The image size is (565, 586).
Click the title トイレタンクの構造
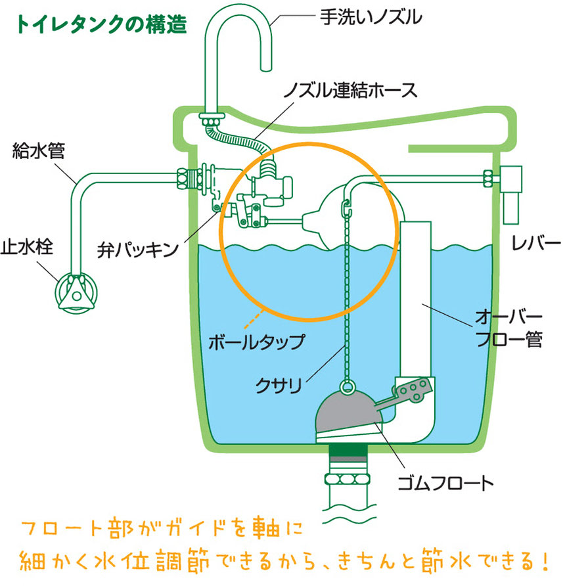pos(101,24)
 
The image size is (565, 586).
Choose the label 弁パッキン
pos(137,248)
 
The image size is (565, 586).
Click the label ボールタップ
pos(256,342)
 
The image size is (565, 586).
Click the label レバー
pos(535,243)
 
